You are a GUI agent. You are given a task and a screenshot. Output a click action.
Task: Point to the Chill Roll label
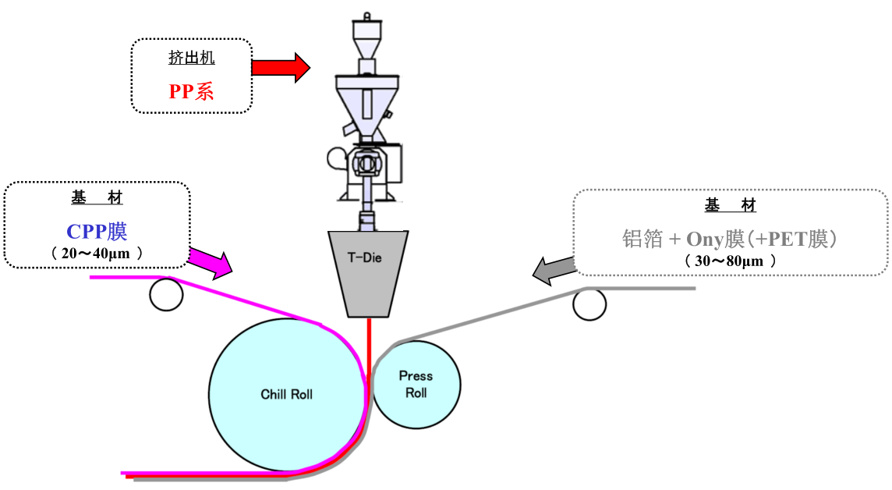(x=286, y=394)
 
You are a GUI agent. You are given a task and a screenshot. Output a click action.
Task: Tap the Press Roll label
(x=416, y=384)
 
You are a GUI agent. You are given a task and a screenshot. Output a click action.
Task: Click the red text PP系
(x=191, y=91)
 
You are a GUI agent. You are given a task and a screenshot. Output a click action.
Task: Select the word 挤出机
(x=191, y=58)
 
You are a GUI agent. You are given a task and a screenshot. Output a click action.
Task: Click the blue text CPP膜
(x=97, y=232)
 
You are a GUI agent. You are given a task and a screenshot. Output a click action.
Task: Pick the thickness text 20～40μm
(x=97, y=253)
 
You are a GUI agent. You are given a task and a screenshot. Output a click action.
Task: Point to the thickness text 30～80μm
(x=730, y=261)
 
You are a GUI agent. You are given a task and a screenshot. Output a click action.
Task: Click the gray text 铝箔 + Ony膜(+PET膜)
(x=730, y=239)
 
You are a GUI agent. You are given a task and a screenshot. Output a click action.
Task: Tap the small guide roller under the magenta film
(x=166, y=294)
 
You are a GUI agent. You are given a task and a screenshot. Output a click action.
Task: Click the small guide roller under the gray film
(x=589, y=304)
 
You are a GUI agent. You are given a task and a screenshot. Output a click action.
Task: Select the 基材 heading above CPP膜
(x=97, y=199)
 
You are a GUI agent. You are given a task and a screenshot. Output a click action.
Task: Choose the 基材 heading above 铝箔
(x=730, y=205)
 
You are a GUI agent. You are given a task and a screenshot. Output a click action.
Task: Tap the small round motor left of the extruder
(x=336, y=158)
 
